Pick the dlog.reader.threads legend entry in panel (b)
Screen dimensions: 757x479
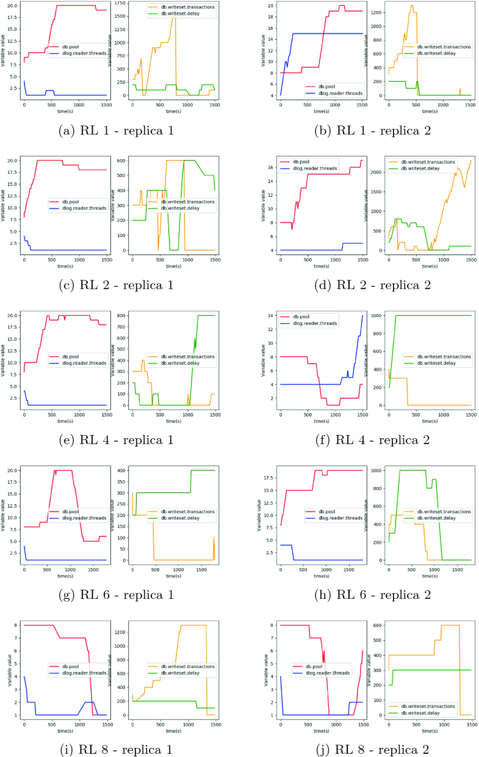[334, 93]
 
